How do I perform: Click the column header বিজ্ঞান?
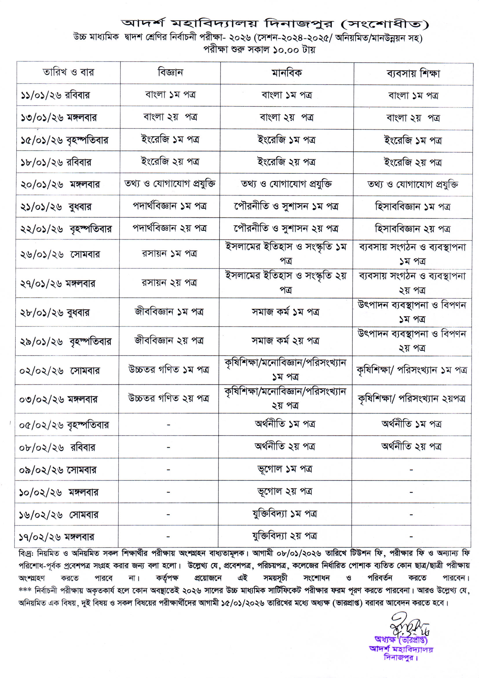(x=170, y=72)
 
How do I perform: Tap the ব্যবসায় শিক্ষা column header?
(x=413, y=74)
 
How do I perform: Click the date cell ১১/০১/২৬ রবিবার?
(x=55, y=95)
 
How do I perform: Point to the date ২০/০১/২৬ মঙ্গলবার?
(x=60, y=184)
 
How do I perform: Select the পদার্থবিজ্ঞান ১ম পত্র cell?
(x=170, y=206)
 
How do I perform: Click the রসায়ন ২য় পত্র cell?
(x=169, y=283)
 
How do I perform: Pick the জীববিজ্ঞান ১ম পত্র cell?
(x=169, y=312)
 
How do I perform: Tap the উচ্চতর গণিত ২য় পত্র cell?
(x=169, y=398)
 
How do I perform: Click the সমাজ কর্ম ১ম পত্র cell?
(x=285, y=312)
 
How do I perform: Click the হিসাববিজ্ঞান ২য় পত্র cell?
(x=412, y=229)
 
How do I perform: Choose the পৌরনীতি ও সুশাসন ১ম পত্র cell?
(x=286, y=206)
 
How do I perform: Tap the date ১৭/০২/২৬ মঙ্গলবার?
(x=57, y=536)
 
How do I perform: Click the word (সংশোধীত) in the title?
(x=384, y=24)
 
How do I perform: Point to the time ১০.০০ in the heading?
(x=286, y=50)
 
